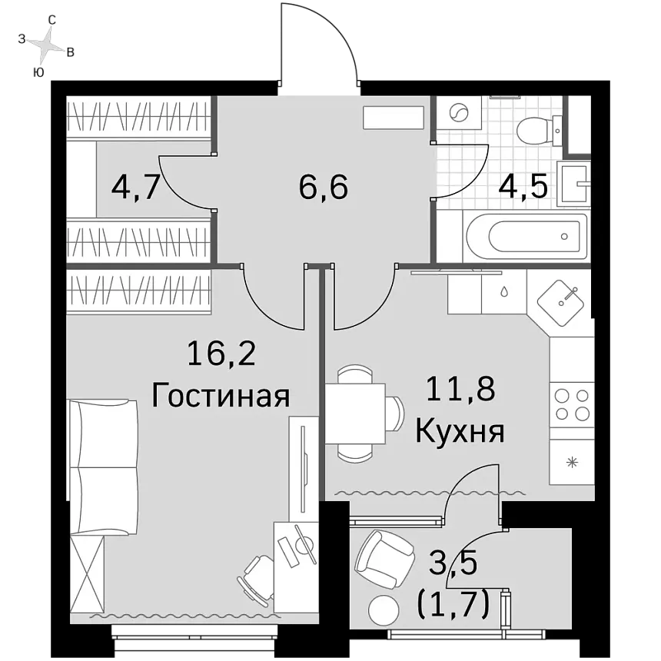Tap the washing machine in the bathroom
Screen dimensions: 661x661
(459, 112)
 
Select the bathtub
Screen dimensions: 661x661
(525, 237)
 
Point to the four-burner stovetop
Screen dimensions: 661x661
(572, 405)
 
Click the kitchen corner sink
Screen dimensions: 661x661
(560, 303)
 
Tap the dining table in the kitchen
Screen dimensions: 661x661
(355, 414)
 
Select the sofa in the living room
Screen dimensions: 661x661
(104, 467)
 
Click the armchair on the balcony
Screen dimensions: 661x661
(384, 556)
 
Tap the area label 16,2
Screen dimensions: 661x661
(221, 354)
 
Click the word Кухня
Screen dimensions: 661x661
(460, 432)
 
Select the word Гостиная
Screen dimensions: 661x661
(221, 397)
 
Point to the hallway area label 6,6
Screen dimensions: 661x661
(324, 188)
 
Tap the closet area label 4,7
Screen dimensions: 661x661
(135, 188)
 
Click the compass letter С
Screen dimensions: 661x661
(51, 20)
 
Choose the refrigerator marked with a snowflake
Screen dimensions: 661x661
(572, 463)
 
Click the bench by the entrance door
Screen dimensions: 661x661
(394, 118)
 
